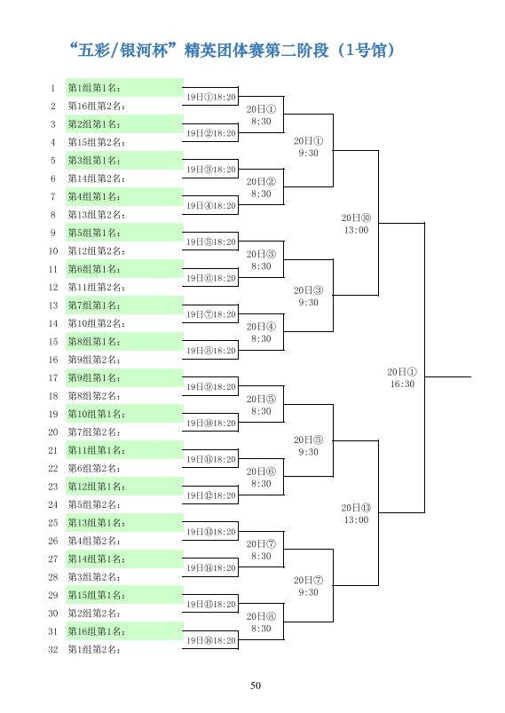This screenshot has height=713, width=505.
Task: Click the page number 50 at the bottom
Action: [x=256, y=685]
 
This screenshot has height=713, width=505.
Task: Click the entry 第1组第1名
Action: [x=94, y=88]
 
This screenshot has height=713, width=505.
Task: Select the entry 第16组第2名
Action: [x=97, y=106]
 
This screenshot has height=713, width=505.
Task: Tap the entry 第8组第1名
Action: [x=94, y=342]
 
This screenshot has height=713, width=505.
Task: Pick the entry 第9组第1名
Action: [x=94, y=378]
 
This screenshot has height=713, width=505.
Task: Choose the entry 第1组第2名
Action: [x=94, y=649]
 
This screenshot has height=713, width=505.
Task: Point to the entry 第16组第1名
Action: [x=97, y=631]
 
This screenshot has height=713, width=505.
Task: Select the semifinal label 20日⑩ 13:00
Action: [x=357, y=224]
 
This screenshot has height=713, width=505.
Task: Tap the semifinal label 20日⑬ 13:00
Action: [x=357, y=514]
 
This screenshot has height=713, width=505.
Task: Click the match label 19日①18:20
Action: [x=211, y=97]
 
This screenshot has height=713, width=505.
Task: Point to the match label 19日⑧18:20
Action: [x=211, y=351]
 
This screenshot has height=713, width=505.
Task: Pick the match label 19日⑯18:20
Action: [x=211, y=640]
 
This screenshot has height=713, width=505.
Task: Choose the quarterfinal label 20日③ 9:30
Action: [x=309, y=297]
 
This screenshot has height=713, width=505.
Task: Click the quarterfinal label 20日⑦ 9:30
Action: [x=309, y=586]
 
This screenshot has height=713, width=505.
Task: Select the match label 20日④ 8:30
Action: [x=261, y=332]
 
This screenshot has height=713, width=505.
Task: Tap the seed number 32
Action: [x=53, y=649]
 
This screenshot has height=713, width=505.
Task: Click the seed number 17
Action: [x=53, y=378]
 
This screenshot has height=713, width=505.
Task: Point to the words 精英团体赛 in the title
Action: [x=220, y=50]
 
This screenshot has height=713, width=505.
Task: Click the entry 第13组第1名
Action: [x=97, y=522]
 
